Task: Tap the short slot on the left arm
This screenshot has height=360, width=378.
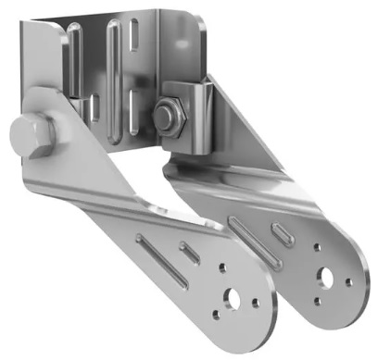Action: pos(190,253)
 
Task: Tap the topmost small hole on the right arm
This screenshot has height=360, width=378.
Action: pos(319,247)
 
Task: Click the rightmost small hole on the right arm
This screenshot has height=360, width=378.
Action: pos(348,281)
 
